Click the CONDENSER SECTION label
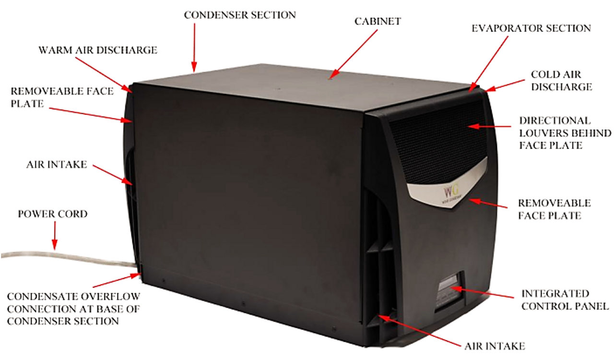[x=240, y=15]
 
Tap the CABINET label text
[x=378, y=22]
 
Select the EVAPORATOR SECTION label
[x=531, y=28]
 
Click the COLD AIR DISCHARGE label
[x=561, y=81]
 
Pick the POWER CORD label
[x=53, y=214]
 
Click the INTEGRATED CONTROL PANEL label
[x=565, y=300]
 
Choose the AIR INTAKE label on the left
[x=57, y=165]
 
